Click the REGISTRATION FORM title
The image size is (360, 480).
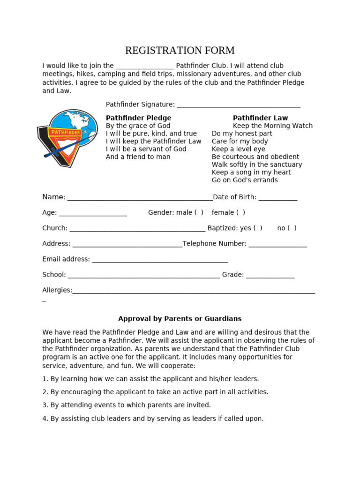coord(180,51)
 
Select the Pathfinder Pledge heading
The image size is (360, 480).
coord(138,118)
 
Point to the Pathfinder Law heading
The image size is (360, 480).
coord(260,118)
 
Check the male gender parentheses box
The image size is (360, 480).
coord(199,213)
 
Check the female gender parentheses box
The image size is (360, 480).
coord(240,213)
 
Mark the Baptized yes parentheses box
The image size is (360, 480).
coord(257,228)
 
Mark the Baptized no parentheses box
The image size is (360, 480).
coord(292,228)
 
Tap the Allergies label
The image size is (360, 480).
coord(57,290)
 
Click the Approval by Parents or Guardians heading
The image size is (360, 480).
coord(180,319)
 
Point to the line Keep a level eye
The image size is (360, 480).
coord(238,149)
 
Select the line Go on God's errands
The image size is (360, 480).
coord(244,180)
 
